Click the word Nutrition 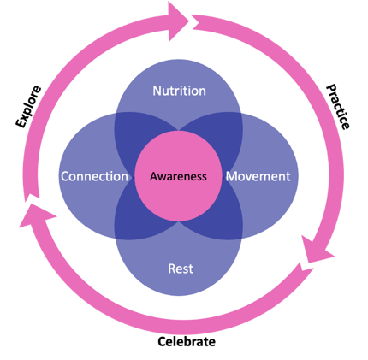tap(179, 91)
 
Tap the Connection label tap(94, 176)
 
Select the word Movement tap(258, 176)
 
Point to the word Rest tap(181, 269)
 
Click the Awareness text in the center tap(178, 176)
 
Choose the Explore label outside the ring tap(28, 106)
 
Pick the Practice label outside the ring tap(338, 107)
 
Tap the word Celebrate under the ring tap(187, 341)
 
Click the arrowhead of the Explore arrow tap(178, 21)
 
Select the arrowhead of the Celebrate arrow tap(36, 215)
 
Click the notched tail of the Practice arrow tap(197, 21)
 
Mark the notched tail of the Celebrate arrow tap(306, 268)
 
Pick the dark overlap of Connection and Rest tap(137, 220)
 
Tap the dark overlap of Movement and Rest tap(221, 220)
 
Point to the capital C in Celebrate tap(162, 342)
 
